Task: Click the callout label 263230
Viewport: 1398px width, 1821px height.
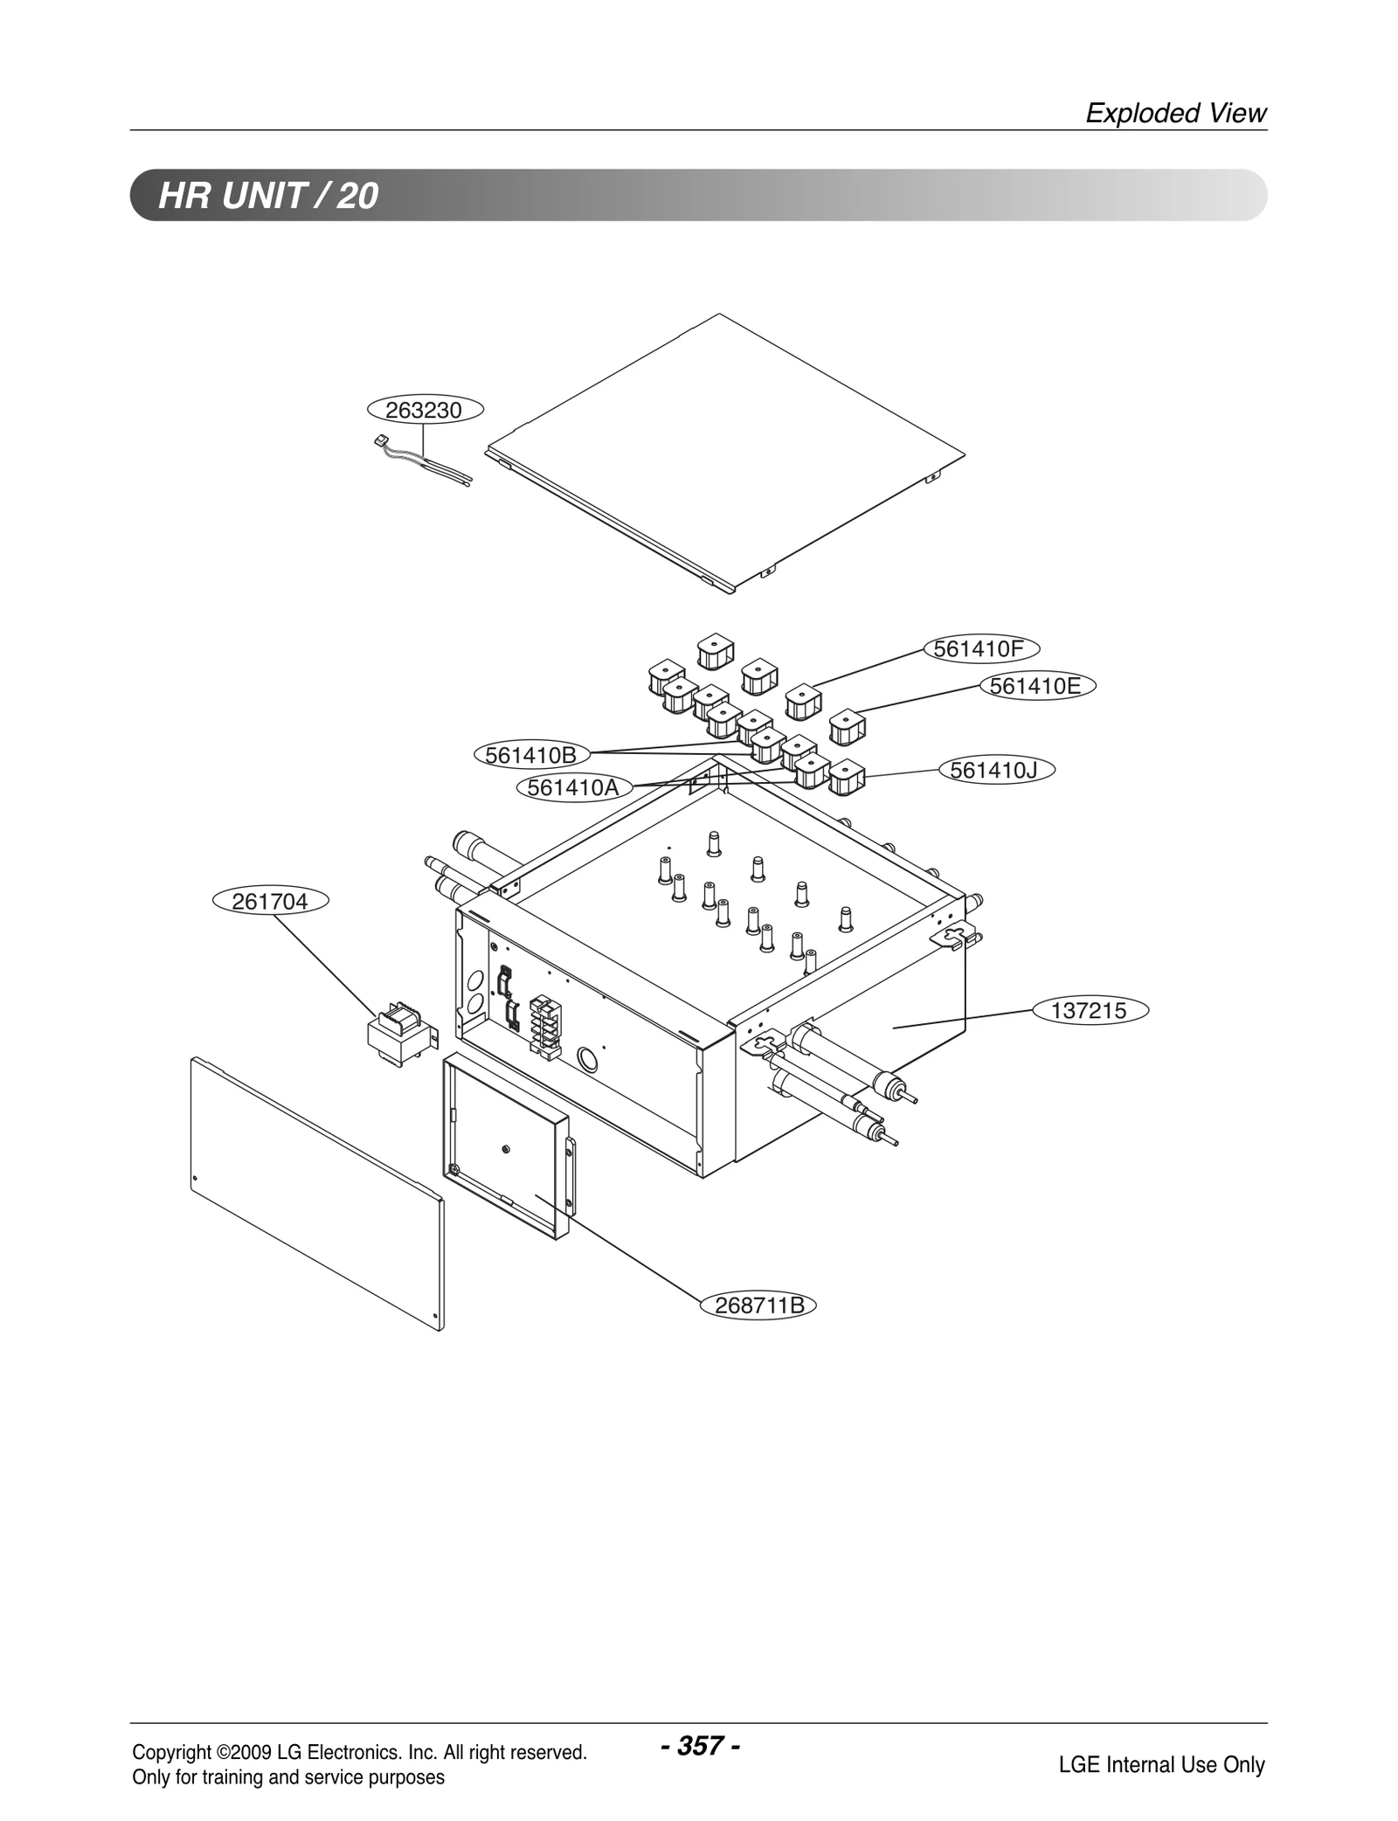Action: [x=426, y=410]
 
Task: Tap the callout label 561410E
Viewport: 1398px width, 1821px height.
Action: [x=1037, y=686]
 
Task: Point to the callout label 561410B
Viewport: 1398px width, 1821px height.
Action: [x=531, y=754]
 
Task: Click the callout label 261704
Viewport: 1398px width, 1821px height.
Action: [x=271, y=902]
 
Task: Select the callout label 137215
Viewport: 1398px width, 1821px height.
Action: [x=1090, y=1011]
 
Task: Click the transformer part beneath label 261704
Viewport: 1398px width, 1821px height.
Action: [x=398, y=1031]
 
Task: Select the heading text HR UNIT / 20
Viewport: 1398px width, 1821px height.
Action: [x=268, y=195]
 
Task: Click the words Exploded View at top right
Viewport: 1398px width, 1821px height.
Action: [x=1175, y=113]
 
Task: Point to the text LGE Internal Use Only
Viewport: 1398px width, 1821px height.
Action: [x=1161, y=1764]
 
